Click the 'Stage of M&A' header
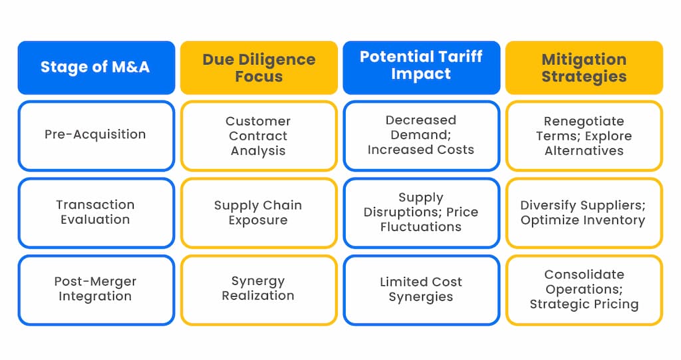tap(96, 67)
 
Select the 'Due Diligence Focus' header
tap(259, 67)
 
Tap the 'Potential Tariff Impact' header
tap(421, 67)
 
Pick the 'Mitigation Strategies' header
tap(584, 67)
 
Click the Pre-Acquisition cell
tap(96, 136)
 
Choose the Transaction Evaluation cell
tap(96, 213)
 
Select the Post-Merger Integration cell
tap(96, 289)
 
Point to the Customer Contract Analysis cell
tap(259, 136)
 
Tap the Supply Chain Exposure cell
tap(259, 213)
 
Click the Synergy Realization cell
tap(259, 289)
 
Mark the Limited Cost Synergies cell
tap(421, 289)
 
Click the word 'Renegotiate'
tap(584, 121)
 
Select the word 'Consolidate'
tap(584, 274)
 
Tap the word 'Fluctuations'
tap(421, 227)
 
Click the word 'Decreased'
tap(421, 120)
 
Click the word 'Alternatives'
tap(584, 151)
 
